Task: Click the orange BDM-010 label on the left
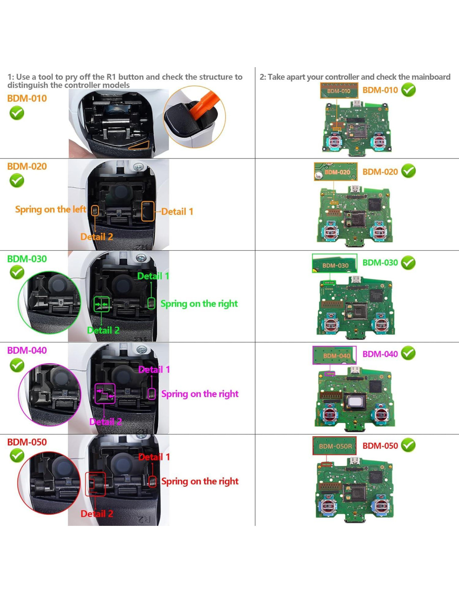27,99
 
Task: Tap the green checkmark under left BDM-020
17,181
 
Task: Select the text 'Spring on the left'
50,209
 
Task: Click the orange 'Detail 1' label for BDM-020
177,212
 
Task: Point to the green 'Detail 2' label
103,330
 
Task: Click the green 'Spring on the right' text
199,304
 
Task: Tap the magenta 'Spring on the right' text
200,394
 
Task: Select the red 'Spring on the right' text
200,482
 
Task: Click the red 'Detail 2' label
97,514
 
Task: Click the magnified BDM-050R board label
335,446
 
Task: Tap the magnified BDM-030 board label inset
335,264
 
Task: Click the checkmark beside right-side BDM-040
408,353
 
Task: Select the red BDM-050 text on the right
380,446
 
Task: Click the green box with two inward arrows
102,304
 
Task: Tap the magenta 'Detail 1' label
154,370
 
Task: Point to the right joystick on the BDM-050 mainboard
381,505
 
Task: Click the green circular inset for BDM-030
50,303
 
